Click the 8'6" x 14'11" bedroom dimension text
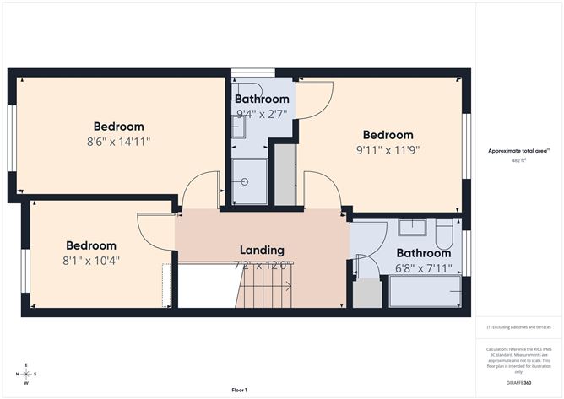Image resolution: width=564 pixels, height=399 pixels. tap(118, 142)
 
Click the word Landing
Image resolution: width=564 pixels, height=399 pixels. tap(262, 250)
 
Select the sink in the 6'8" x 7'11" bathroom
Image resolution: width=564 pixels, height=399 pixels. tap(412, 227)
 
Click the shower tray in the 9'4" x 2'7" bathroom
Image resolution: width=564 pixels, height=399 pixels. tap(250, 181)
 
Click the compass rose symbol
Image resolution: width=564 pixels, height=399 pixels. tap(27, 374)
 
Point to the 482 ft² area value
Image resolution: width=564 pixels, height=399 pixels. tap(518, 160)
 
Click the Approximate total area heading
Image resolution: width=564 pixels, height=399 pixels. tap(518, 150)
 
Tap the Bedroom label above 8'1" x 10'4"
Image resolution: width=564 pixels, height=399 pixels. tap(91, 245)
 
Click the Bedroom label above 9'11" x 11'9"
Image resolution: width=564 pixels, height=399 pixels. tap(388, 135)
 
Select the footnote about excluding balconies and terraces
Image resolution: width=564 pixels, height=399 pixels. tap(518, 327)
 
